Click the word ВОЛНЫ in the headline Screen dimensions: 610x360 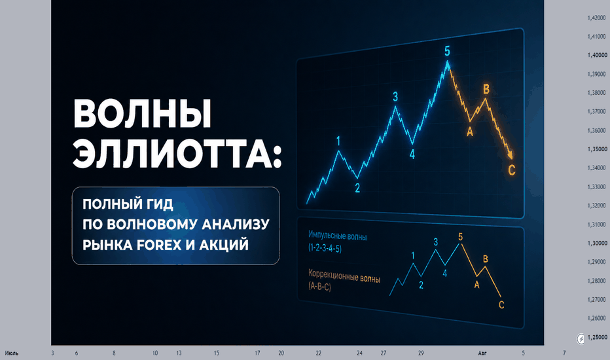(x=143, y=113)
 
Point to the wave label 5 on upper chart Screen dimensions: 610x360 (x=448, y=51)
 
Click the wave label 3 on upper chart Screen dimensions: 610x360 (x=395, y=96)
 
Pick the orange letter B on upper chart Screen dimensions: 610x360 (x=486, y=89)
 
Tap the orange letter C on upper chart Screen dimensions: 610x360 (x=512, y=170)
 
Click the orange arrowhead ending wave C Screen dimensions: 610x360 (x=511, y=155)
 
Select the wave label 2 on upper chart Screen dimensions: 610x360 (x=357, y=188)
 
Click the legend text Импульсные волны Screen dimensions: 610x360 (x=337, y=236)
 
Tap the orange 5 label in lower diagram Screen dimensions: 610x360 (x=461, y=237)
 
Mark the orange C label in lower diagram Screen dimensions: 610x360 (x=501, y=305)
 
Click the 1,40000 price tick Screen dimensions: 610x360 (x=597, y=55)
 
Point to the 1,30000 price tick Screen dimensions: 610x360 (x=597, y=243)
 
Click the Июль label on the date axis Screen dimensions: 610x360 (x=12, y=353)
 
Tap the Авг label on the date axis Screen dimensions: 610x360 (x=482, y=353)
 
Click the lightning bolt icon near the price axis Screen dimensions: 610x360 (x=581, y=339)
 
